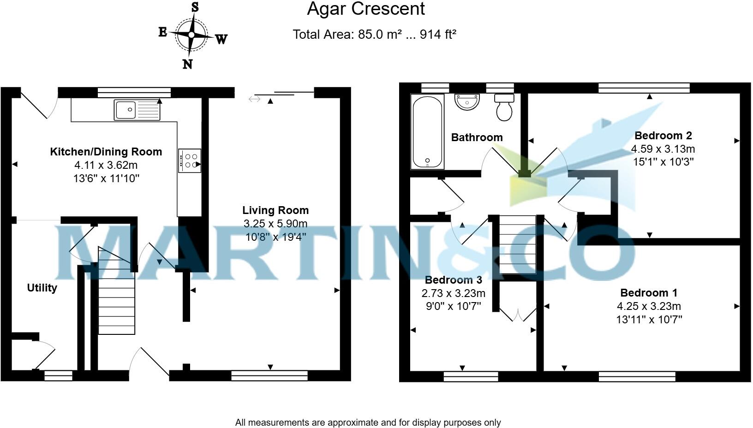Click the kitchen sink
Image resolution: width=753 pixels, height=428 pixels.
[137, 110]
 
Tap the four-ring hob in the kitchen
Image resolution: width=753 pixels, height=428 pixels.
[190, 160]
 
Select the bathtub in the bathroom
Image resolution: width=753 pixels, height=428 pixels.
[427, 131]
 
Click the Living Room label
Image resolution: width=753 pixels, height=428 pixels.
[275, 210]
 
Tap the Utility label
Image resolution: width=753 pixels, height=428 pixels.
[42, 288]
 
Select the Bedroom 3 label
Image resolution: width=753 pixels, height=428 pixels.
[453, 280]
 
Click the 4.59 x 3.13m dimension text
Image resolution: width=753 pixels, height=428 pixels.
[663, 149]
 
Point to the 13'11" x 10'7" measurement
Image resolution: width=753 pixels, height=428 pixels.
[649, 319]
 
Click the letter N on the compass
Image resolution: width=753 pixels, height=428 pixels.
[187, 64]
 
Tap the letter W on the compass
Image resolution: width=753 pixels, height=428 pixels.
[221, 40]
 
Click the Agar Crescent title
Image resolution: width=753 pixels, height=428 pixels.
[365, 9]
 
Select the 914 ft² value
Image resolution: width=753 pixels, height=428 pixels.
[438, 35]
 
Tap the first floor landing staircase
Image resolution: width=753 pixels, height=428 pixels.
[518, 244]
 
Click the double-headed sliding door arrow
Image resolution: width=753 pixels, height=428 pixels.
[254, 99]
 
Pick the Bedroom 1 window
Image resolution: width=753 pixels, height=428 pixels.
[637, 377]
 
